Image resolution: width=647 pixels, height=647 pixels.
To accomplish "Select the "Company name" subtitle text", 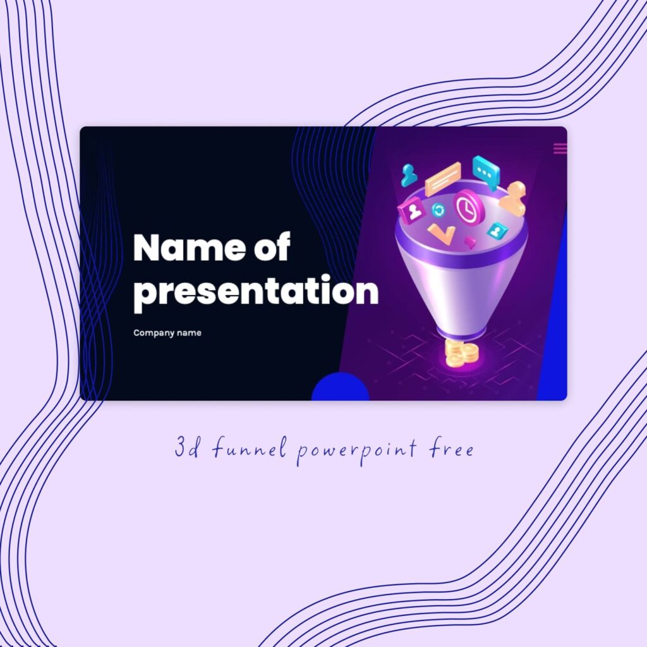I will point(167,333).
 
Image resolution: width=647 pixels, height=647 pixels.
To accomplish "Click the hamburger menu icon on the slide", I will point(560,148).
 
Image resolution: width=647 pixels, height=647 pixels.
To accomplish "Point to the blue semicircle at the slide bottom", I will point(341,388).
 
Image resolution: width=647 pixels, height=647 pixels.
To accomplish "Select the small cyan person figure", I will point(409,175).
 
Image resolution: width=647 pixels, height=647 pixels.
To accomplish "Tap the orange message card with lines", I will point(443,179).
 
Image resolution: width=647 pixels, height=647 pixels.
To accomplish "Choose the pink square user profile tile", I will point(413,210).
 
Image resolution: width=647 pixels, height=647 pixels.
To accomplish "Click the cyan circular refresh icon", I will point(438,210).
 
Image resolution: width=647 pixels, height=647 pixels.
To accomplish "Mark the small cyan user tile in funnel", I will point(497,231).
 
